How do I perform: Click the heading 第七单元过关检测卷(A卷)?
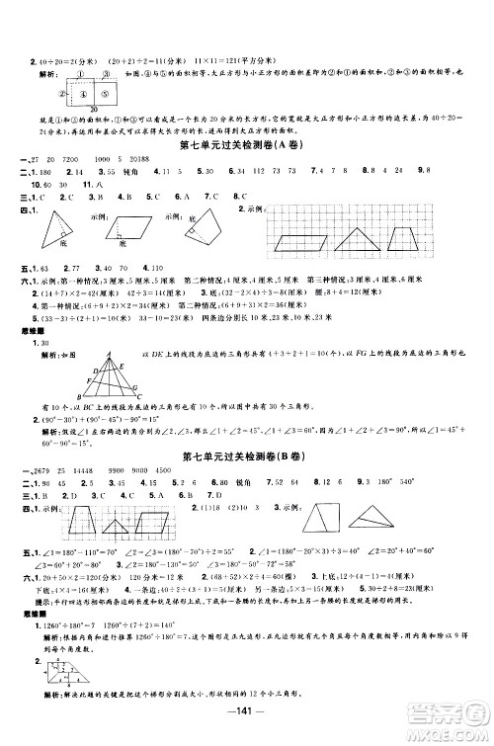(247, 147)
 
